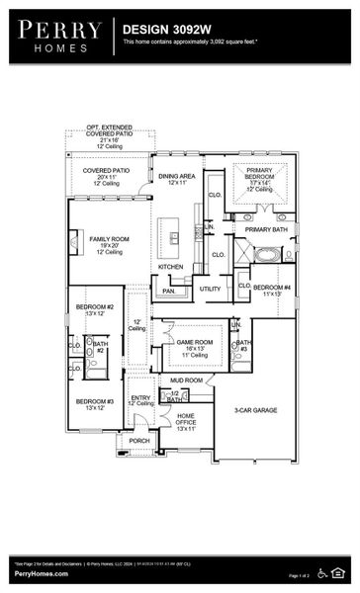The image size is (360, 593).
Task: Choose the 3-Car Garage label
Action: [254, 410]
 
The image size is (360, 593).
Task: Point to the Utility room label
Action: [210, 289]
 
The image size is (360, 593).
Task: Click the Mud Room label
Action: [186, 380]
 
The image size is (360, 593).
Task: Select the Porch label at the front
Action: [140, 441]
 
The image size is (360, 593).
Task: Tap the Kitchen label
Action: [171, 267]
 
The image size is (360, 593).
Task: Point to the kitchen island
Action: [174, 234]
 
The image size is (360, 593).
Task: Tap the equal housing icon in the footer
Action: [342, 572]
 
